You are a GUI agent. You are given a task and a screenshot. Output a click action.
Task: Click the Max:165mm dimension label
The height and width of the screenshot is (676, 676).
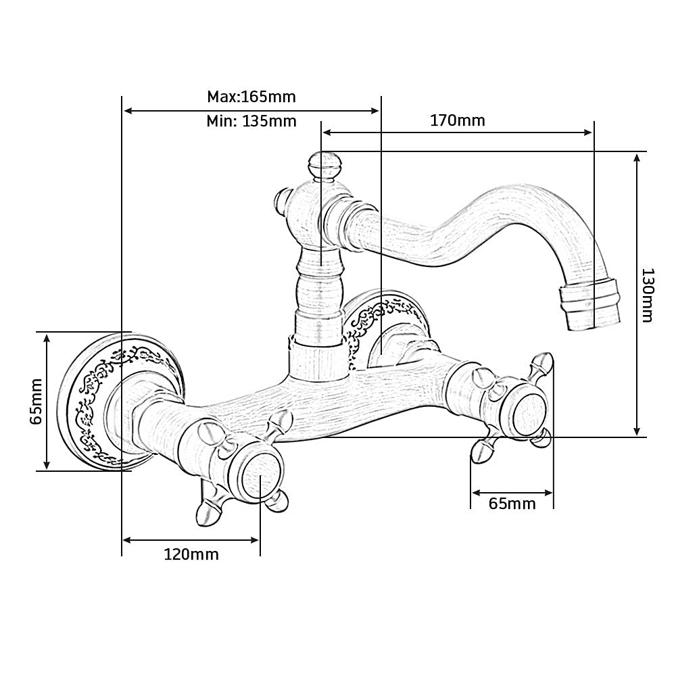[x=251, y=97]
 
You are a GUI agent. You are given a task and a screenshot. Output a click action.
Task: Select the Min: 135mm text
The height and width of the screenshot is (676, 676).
[x=251, y=121]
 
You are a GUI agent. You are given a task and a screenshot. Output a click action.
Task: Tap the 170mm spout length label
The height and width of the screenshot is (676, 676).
[x=458, y=120]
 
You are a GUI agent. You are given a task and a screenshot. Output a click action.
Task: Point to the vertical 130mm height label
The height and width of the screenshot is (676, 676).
[x=647, y=295]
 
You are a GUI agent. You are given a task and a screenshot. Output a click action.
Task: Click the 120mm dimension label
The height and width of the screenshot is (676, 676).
[x=191, y=554]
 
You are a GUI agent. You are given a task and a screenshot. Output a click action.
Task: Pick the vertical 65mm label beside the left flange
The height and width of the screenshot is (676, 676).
[x=37, y=402]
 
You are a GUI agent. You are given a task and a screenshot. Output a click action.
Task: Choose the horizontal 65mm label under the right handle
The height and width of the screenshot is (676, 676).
[x=512, y=504]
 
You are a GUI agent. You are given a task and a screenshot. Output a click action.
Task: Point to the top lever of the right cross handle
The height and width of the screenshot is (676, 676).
[x=541, y=366]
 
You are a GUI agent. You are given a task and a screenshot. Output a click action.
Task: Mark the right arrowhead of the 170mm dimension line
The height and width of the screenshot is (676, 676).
[x=587, y=132]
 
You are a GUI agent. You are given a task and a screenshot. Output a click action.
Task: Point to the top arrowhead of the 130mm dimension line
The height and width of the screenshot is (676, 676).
[x=637, y=158]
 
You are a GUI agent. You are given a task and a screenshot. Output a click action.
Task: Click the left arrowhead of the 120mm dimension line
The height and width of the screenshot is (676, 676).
[x=128, y=539]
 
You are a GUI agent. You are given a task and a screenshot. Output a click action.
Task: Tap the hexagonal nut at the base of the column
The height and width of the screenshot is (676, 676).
[x=318, y=358]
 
